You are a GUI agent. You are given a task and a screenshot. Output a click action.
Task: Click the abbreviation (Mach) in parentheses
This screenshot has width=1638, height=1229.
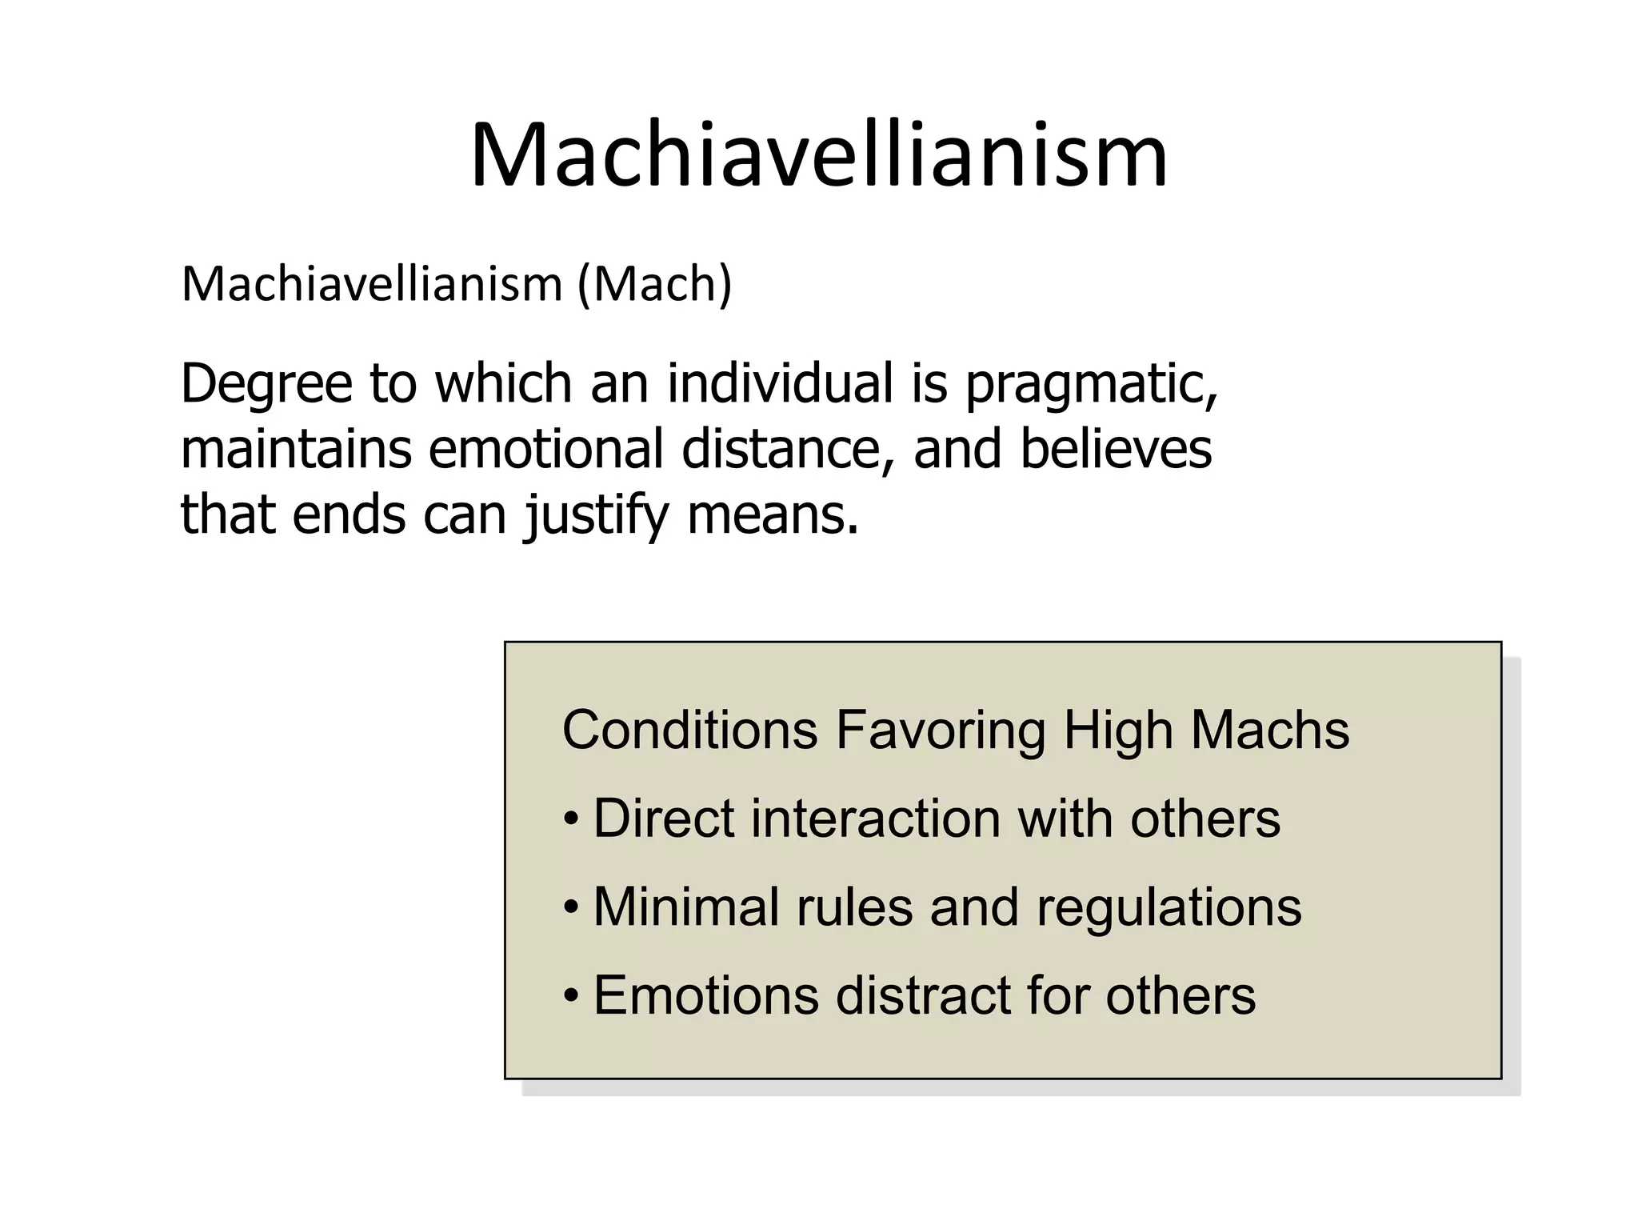[654, 284]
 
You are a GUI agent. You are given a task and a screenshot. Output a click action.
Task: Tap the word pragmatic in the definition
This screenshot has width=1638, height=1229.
[1091, 384]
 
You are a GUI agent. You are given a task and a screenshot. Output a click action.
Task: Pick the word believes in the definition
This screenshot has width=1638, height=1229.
[1116, 448]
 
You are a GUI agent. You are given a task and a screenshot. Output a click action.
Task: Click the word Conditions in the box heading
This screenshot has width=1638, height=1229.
[690, 730]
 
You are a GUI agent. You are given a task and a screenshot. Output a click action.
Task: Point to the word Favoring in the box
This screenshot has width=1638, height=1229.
[940, 730]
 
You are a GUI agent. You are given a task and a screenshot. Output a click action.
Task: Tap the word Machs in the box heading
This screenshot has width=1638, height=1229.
[1269, 730]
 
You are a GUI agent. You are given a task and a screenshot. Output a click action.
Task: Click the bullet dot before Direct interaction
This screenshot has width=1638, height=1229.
[570, 820]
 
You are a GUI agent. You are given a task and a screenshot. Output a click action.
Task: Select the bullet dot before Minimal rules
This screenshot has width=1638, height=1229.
[570, 908]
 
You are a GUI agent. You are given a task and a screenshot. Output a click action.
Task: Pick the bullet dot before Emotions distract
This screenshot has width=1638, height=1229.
[570, 997]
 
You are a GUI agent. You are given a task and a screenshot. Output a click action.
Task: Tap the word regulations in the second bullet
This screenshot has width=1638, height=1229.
[1169, 908]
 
